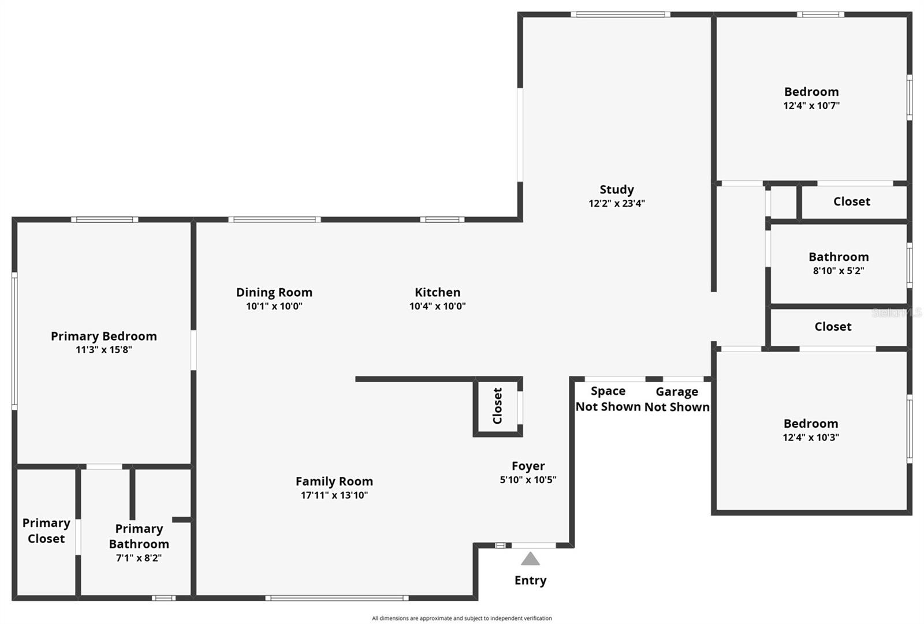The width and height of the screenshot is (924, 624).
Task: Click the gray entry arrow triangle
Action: [x=530, y=559]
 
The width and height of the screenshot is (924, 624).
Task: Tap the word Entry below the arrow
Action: [x=530, y=580]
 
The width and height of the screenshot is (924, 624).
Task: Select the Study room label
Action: [x=616, y=189]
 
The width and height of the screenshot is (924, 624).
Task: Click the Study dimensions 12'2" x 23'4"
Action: [x=616, y=203]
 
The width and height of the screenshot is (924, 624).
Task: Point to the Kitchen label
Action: [x=437, y=292]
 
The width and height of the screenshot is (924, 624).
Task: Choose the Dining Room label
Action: [x=274, y=292]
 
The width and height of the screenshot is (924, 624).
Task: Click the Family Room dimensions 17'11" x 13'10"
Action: [x=334, y=495]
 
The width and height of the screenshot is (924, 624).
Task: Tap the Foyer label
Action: [x=528, y=466]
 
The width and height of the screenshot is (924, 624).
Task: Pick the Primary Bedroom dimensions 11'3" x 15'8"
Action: [x=104, y=349]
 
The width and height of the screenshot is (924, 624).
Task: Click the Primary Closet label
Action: [x=46, y=530]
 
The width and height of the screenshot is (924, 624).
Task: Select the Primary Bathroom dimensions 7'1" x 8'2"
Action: [x=139, y=558]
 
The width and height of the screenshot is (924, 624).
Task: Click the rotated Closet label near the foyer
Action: [x=497, y=406]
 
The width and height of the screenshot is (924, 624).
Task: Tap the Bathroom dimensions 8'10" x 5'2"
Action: [x=838, y=271]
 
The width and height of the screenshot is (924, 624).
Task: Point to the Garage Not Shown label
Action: [x=677, y=399]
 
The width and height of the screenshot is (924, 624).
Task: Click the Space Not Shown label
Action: [x=608, y=399]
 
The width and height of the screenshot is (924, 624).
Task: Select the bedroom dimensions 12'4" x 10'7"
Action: [x=811, y=106]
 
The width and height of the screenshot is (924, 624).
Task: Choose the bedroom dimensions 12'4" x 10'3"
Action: [x=810, y=438]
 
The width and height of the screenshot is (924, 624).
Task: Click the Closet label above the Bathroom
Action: [x=851, y=201]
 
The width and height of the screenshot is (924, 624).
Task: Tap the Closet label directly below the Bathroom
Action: [x=833, y=327]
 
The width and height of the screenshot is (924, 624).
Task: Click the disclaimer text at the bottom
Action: [x=461, y=618]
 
